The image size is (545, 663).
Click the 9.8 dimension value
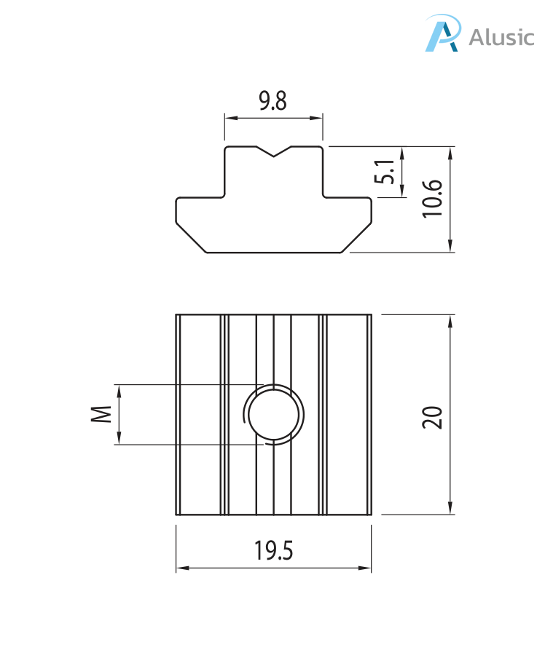[273, 100]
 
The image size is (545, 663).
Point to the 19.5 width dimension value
[273, 551]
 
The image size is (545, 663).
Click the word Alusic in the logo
[501, 37]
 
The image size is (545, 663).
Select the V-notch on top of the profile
[274, 152]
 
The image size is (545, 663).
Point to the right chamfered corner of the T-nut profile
[357, 238]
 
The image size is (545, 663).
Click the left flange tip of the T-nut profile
[176, 211]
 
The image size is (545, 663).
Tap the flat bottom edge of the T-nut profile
[274, 253]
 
